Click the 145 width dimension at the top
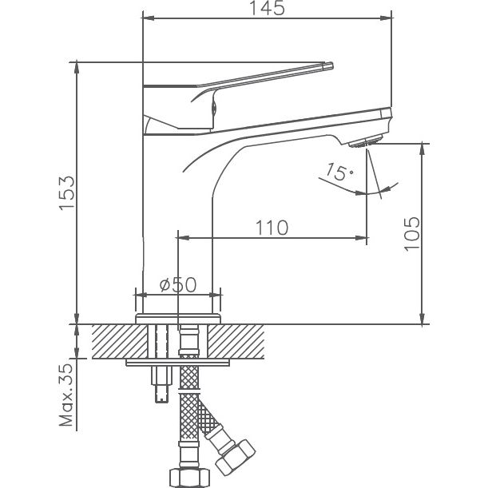click(266, 10)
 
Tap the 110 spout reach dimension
click(272, 228)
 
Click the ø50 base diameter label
click(177, 284)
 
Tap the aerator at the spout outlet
click(369, 142)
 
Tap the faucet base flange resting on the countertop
click(177, 318)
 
